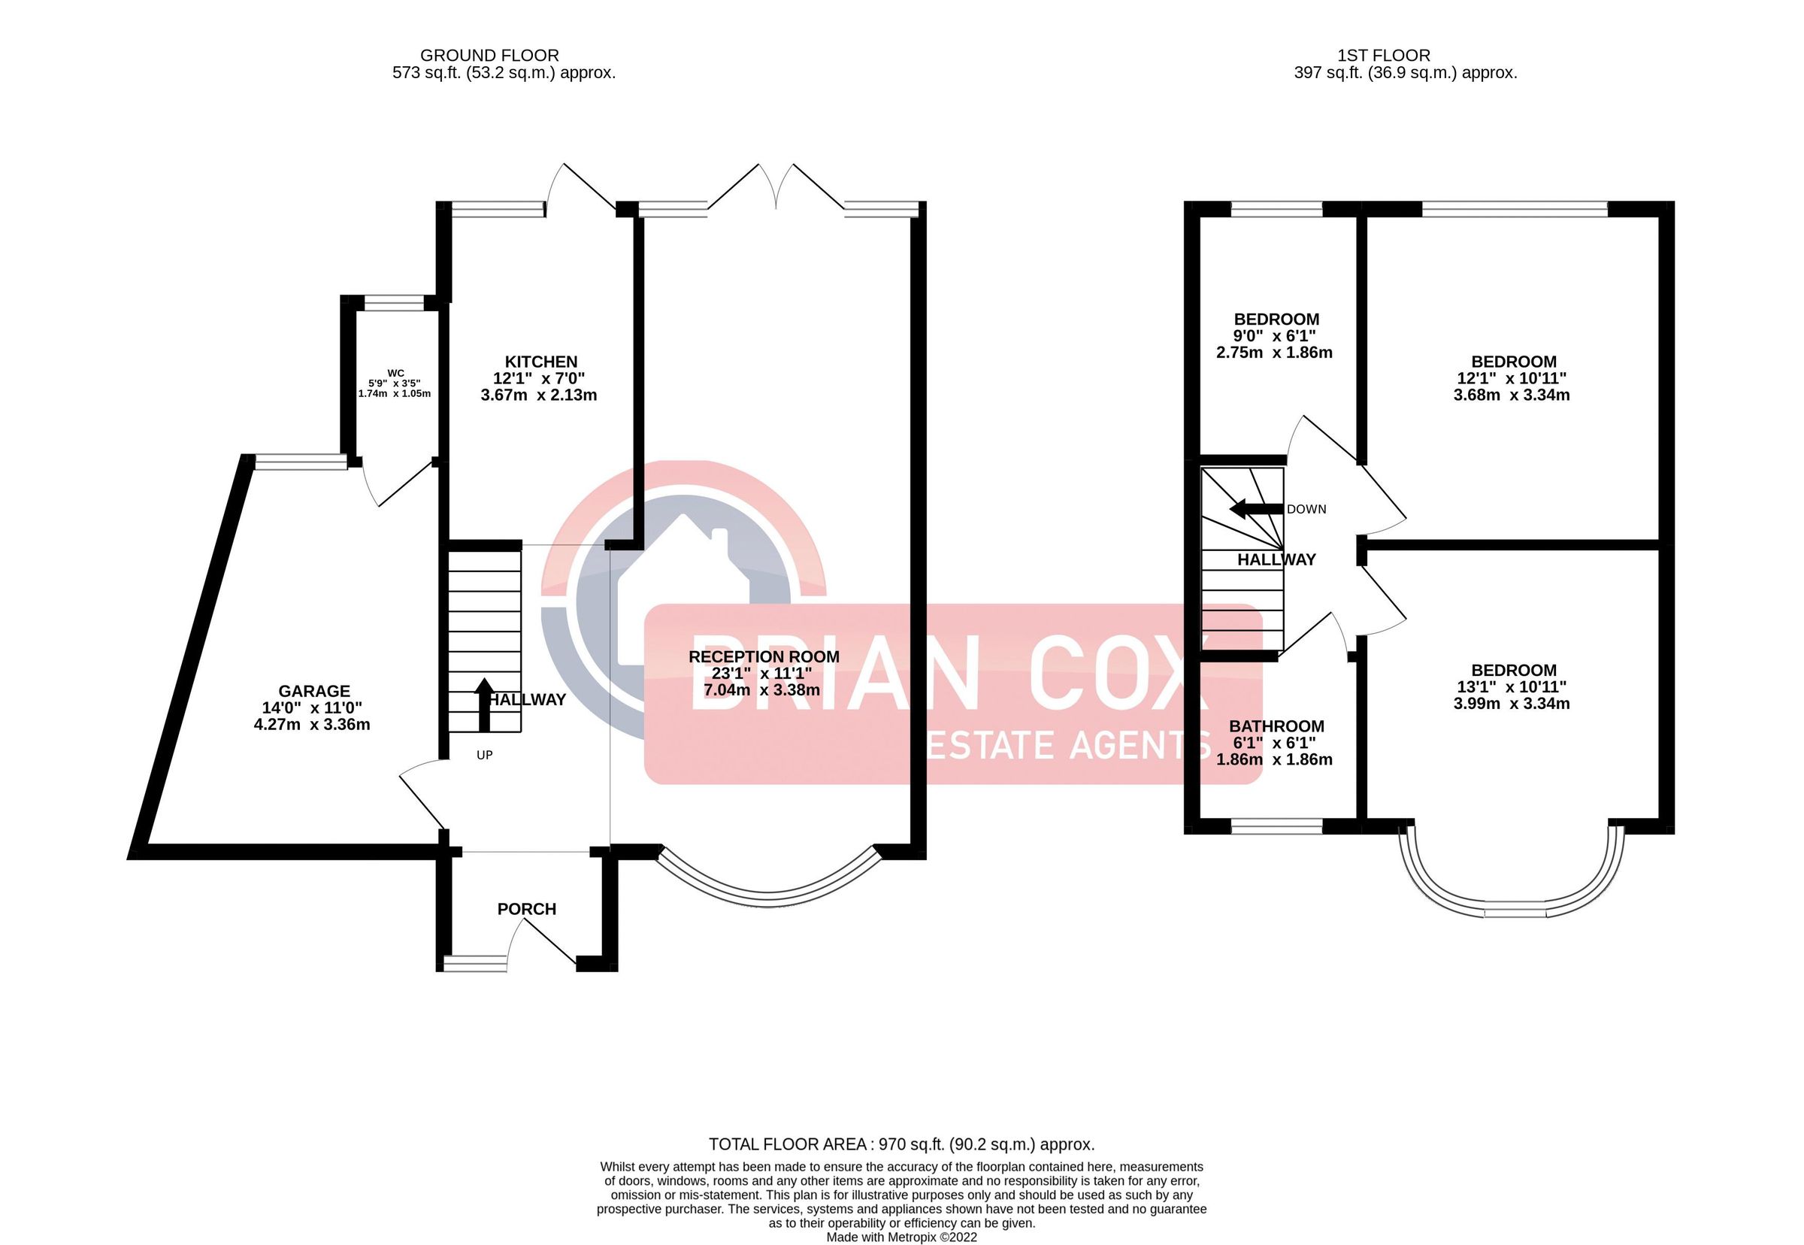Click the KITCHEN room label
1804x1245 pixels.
(x=540, y=362)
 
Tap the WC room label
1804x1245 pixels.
(x=395, y=374)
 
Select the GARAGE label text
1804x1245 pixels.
(x=314, y=691)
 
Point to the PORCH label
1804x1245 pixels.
(x=526, y=909)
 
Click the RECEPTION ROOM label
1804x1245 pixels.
(x=764, y=657)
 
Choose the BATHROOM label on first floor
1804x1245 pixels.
(x=1276, y=726)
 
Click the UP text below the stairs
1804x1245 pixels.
(x=484, y=755)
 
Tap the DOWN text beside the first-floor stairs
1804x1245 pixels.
(x=1306, y=510)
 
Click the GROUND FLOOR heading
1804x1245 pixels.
(x=489, y=56)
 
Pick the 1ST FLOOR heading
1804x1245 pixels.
(x=1384, y=56)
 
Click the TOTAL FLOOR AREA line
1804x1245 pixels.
(x=900, y=1144)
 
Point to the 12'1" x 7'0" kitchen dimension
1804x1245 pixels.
(x=538, y=378)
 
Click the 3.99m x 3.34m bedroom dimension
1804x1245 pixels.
(x=1511, y=704)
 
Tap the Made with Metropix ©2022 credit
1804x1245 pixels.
(x=900, y=1237)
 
